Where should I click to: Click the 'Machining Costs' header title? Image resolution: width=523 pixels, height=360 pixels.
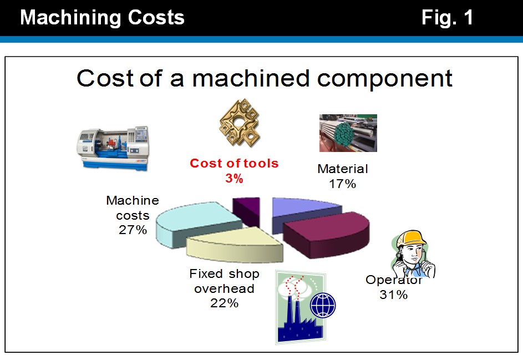pos(102,17)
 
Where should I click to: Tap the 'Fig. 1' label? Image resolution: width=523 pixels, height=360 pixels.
pos(447,17)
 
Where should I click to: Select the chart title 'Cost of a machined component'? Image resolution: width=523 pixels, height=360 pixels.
pos(264,78)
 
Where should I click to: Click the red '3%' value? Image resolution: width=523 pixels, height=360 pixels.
pos(234,179)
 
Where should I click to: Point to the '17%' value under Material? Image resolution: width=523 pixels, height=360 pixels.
pos(343,184)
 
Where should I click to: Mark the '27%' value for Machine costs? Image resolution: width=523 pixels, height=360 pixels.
pos(133,230)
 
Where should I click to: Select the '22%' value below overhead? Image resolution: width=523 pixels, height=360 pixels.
pos(224,303)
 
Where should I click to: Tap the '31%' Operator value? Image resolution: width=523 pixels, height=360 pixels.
pos(394,295)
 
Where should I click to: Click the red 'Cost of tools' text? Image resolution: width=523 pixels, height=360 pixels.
pos(234,163)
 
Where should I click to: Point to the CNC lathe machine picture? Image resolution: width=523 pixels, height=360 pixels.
pos(113,149)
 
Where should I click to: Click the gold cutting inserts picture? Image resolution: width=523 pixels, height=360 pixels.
pos(240,123)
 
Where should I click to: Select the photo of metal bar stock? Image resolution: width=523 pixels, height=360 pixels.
pos(348,133)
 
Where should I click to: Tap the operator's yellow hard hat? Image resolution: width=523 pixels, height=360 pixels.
pos(411,239)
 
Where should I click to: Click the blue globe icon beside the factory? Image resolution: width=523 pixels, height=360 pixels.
pos(323,305)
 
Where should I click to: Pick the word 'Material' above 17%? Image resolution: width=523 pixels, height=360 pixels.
pos(343,169)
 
